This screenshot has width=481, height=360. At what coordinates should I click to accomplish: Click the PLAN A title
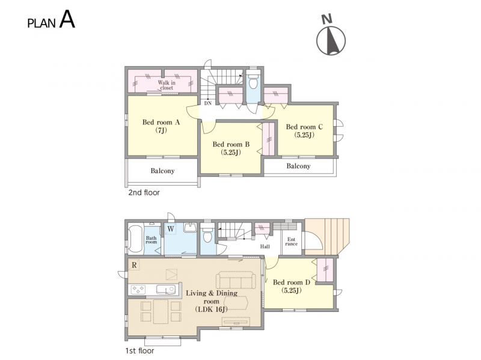pyautogui.click(x=51, y=20)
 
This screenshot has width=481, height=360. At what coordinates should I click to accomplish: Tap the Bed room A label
pyautogui.click(x=161, y=126)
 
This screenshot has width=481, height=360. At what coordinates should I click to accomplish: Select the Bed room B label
pyautogui.click(x=231, y=148)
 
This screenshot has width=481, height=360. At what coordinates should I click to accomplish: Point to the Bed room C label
pyautogui.click(x=304, y=130)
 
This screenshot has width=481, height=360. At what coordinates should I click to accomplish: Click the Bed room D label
pyautogui.click(x=292, y=286)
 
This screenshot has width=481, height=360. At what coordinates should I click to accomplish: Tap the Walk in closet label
pyautogui.click(x=167, y=85)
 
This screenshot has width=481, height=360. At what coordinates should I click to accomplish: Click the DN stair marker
pyautogui.click(x=208, y=103)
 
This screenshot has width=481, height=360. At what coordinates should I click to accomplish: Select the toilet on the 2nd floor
pyautogui.click(x=253, y=81)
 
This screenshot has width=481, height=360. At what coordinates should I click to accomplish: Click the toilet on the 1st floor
pyautogui.click(x=207, y=234)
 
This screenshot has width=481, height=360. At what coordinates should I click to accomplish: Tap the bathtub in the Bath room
pyautogui.click(x=135, y=239)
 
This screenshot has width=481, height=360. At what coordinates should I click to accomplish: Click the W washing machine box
pyautogui.click(x=171, y=229)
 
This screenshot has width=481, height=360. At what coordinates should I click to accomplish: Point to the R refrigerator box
pyautogui.click(x=134, y=265)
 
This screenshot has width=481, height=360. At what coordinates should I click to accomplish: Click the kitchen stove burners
pyautogui.click(x=138, y=290)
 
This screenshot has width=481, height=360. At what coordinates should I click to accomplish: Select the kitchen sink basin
pyautogui.click(x=166, y=290)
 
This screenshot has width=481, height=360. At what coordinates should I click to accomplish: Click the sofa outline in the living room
pyautogui.click(x=236, y=279)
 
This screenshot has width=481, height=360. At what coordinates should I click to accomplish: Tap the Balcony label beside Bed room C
pyautogui.click(x=298, y=166)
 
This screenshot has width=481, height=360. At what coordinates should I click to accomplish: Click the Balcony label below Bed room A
pyautogui.click(x=162, y=171)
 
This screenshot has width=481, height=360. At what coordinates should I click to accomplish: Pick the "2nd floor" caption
pyautogui.click(x=144, y=192)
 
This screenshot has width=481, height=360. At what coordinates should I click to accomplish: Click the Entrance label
pyautogui.click(x=292, y=242)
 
